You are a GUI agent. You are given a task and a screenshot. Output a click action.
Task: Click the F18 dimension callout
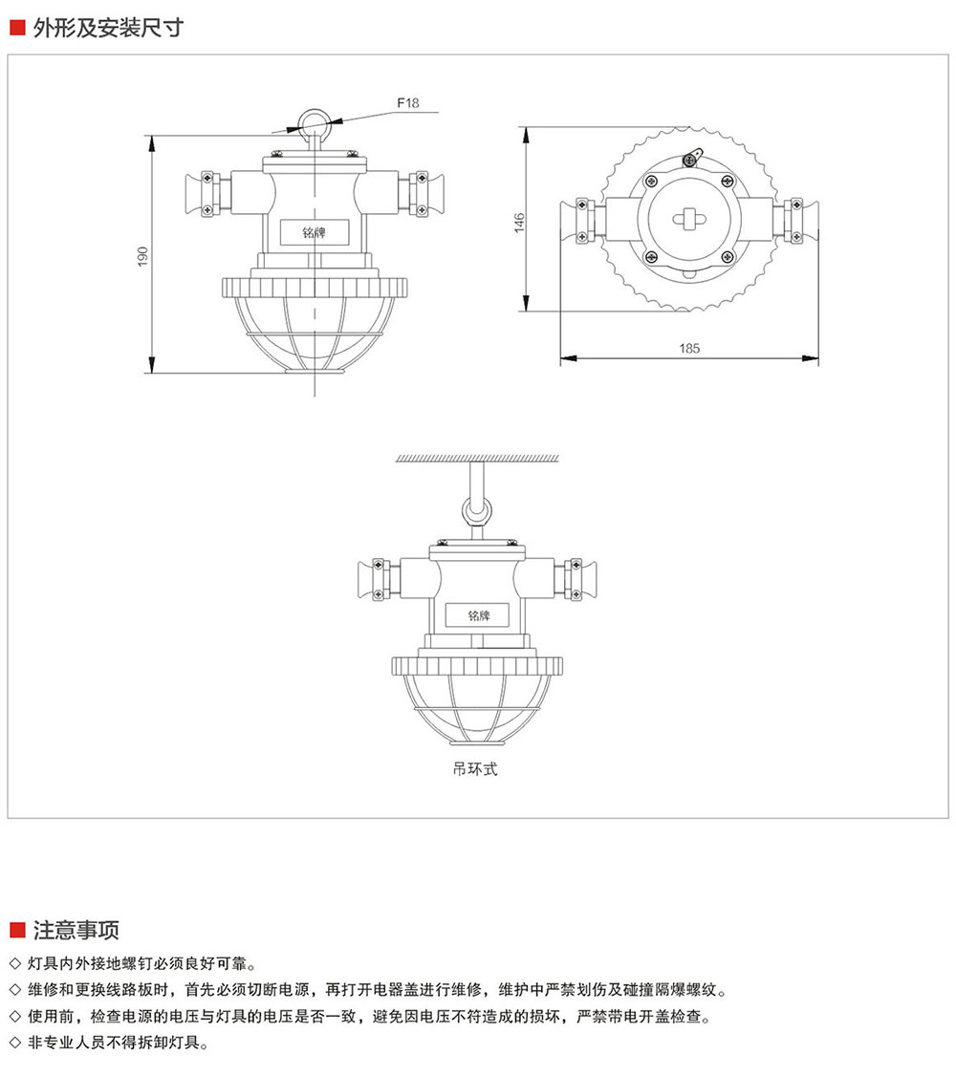tap(407, 103)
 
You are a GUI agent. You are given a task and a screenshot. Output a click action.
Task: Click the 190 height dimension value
tap(142, 256)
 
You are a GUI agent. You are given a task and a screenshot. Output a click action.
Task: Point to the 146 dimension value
tap(519, 223)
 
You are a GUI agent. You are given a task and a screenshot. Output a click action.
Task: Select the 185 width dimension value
tap(689, 349)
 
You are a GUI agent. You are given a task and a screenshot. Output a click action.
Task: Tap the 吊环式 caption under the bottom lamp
tap(475, 769)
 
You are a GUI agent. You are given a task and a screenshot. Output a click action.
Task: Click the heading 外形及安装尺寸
tap(108, 28)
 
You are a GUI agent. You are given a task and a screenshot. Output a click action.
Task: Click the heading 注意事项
tap(76, 930)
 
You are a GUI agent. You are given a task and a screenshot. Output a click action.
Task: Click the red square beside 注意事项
tap(18, 931)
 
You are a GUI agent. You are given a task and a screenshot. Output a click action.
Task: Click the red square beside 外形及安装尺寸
tap(18, 28)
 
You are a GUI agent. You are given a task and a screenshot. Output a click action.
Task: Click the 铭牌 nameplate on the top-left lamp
tap(315, 232)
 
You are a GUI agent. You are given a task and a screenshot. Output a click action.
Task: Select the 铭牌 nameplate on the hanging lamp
tap(478, 615)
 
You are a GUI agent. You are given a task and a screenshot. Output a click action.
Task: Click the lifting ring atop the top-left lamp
tap(314, 121)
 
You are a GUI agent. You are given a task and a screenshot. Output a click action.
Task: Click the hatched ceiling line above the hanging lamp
tap(477, 459)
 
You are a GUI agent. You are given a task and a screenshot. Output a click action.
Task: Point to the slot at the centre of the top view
tap(688, 220)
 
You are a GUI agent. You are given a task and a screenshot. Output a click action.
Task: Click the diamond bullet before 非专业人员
tap(15, 1043)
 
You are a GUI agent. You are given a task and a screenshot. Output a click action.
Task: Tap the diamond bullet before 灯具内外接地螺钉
tap(15, 963)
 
